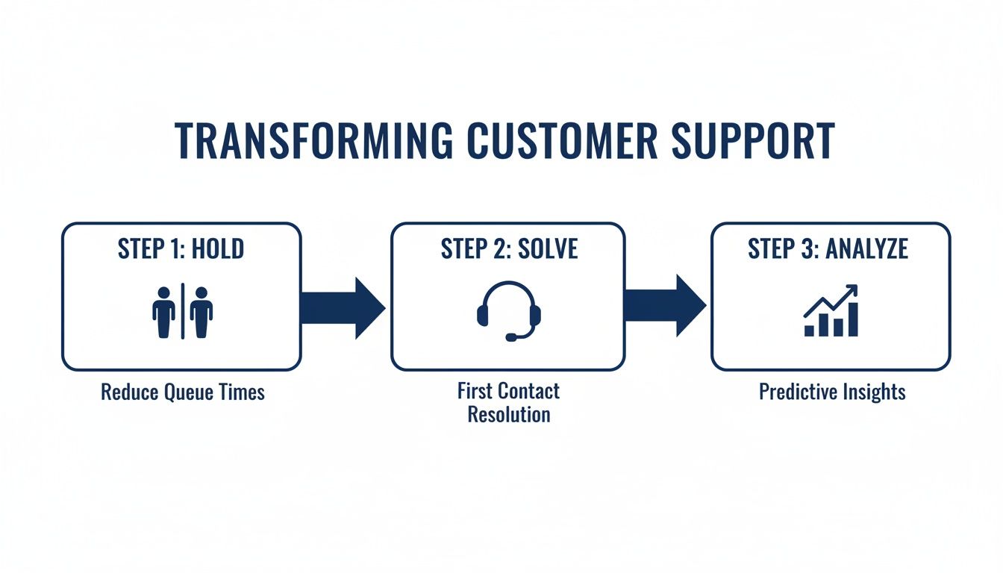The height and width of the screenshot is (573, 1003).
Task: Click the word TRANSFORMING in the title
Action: [313, 140]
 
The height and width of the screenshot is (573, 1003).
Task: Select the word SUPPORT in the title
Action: [753, 140]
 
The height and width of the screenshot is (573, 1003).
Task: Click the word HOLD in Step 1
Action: [217, 249]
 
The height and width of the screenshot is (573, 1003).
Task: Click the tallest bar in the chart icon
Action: [852, 319]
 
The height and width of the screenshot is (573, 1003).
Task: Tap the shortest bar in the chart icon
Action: [810, 331]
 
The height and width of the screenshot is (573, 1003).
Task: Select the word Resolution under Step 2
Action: [508, 414]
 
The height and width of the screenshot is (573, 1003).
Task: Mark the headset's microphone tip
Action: [510, 337]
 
